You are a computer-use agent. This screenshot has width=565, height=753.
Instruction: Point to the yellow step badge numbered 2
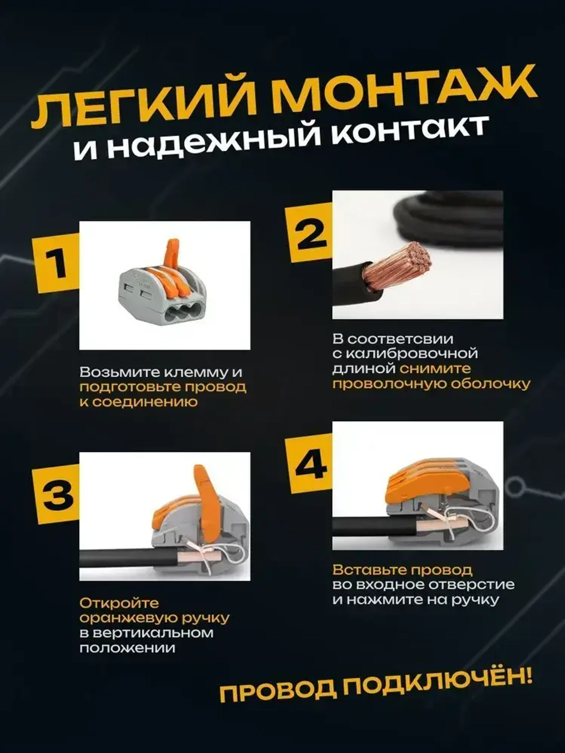pos(310,233)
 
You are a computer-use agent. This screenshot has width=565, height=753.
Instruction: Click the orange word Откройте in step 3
pos(119,603)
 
